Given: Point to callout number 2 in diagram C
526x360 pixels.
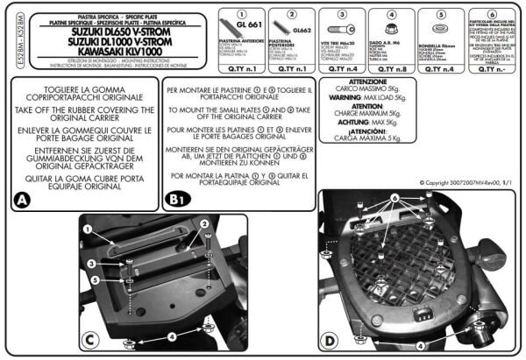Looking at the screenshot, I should point(207,225).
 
